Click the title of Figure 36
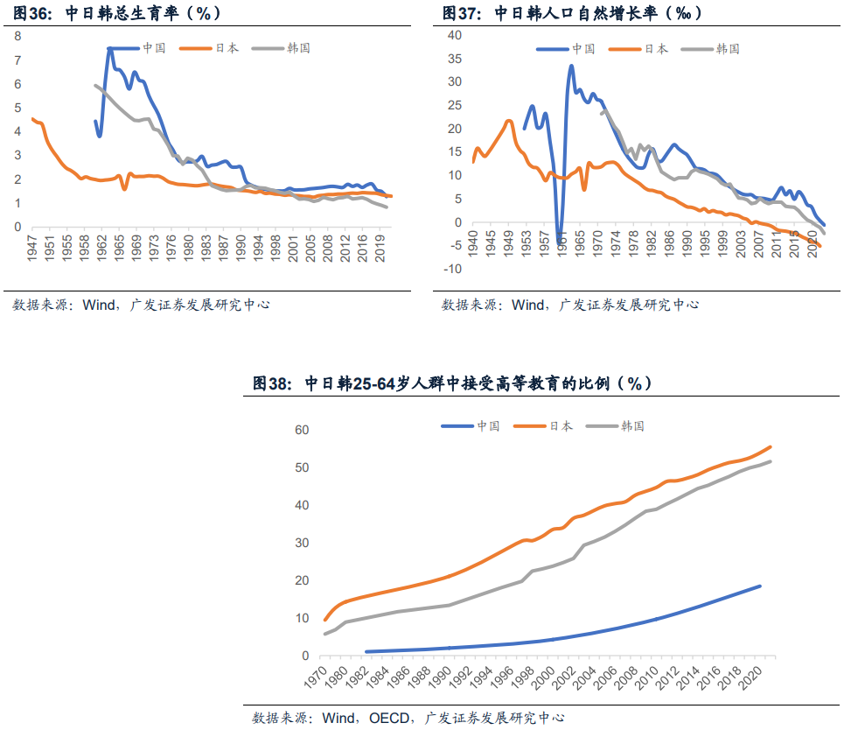tap(116, 12)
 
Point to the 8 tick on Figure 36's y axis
tap(17, 36)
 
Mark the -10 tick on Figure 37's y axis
tap(451, 269)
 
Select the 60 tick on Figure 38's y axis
tap(302, 430)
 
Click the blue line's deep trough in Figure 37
tap(560, 242)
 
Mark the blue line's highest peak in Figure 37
tap(571, 66)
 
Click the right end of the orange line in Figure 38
tap(771, 446)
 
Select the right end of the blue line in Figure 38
tap(759, 586)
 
